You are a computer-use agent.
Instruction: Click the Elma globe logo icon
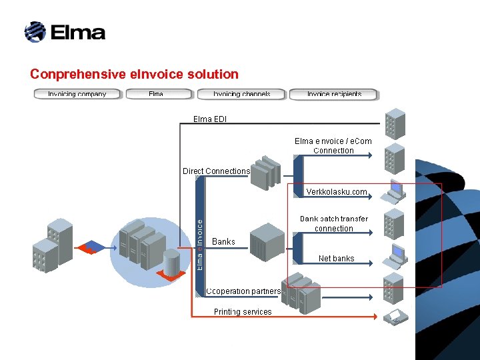coord(35,32)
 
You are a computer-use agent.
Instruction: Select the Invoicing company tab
coord(77,94)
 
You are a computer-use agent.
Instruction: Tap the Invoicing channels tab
coord(241,94)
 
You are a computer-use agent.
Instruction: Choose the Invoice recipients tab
coord(334,94)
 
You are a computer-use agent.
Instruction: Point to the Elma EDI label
coord(209,120)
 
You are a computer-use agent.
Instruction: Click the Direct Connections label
coord(216,171)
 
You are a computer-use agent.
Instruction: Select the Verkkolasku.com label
coord(337,192)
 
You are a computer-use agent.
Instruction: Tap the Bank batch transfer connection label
coord(334,223)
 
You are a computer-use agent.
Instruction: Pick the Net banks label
coord(337,259)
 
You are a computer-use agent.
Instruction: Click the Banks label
coord(223,241)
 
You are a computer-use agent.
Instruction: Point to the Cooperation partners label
coord(243,291)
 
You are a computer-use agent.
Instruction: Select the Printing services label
coord(243,312)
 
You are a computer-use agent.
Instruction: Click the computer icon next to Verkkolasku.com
coord(395,191)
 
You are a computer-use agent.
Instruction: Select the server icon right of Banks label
coord(266,241)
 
